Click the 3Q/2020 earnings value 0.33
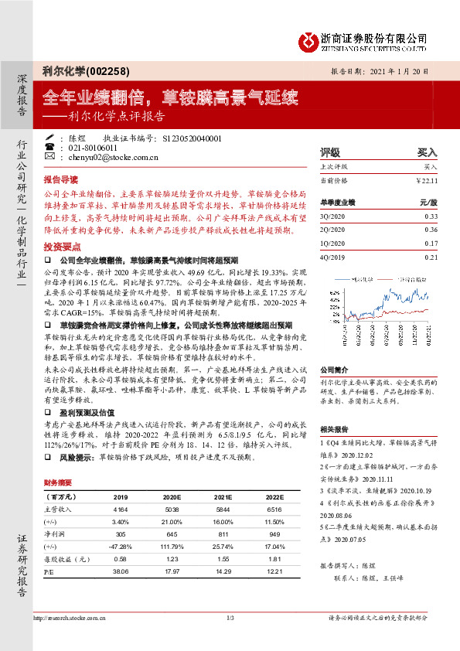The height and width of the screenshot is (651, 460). click(431, 217)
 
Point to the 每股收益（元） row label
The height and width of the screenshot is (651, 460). click(62, 558)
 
